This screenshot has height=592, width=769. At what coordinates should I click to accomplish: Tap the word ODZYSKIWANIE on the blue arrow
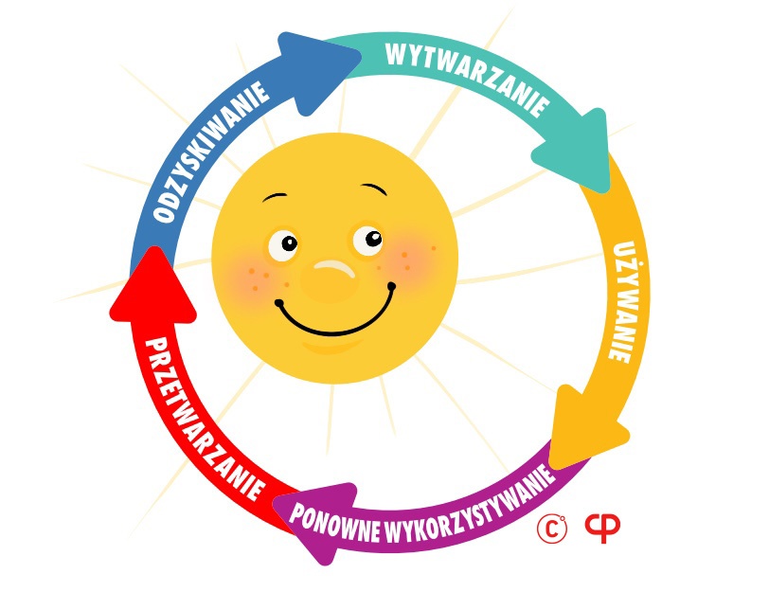pos(210,151)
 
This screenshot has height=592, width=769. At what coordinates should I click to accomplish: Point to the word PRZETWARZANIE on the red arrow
pos(203,418)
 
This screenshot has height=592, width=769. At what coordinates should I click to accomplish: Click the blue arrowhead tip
pos(360,53)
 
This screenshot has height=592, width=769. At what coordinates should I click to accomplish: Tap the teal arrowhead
pos(575,150)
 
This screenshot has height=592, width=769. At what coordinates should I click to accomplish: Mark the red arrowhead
pos(152,290)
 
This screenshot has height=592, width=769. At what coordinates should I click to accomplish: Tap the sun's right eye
pos(367,240)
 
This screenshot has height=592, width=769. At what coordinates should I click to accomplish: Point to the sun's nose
pos(330,280)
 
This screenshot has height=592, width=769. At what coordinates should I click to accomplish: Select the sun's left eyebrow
pos(275,196)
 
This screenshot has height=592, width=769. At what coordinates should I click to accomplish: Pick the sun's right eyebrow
pos(374,188)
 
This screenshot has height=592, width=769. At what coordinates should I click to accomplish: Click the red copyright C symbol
pos(552,529)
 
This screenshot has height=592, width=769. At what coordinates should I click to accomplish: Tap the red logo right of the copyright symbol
pos(602,528)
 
